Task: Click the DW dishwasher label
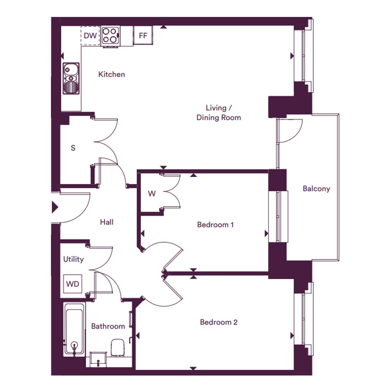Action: (x=90, y=36)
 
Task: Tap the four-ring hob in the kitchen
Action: (x=110, y=36)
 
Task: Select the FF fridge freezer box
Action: (x=143, y=35)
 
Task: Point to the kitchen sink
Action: (x=71, y=78)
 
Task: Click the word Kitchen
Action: (x=112, y=74)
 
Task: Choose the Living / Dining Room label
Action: (x=219, y=113)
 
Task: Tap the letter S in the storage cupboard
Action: (x=73, y=148)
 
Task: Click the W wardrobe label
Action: (x=152, y=193)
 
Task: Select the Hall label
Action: (x=107, y=222)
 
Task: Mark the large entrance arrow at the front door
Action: (x=55, y=207)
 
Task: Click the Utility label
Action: (x=73, y=259)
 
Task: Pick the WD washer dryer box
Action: (x=72, y=284)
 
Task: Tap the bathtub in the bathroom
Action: (x=74, y=329)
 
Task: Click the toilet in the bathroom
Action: (x=117, y=348)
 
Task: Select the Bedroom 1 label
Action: (x=215, y=225)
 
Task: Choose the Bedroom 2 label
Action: (x=219, y=322)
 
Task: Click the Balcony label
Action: (x=317, y=189)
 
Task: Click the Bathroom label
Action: (x=108, y=326)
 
